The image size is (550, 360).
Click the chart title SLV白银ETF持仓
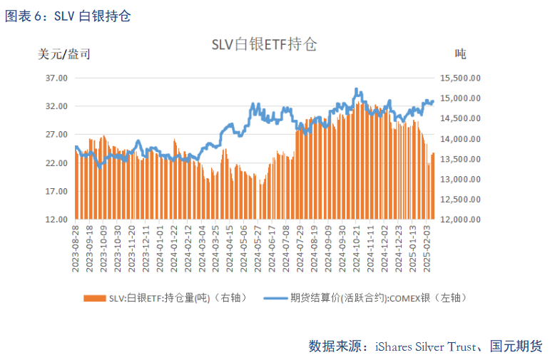pyautogui.click(x=264, y=44)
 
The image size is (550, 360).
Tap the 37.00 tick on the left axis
pyautogui.click(x=56, y=78)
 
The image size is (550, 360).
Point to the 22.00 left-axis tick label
pyautogui.click(x=56, y=163)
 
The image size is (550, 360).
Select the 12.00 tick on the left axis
pyautogui.click(x=56, y=220)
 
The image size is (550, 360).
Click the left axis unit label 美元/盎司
pyautogui.click(x=63, y=53)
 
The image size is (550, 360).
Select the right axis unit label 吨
pyautogui.click(x=460, y=53)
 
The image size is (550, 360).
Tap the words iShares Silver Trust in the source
pyautogui.click(x=421, y=346)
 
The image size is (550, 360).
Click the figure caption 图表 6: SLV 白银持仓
pyautogui.click(x=68, y=16)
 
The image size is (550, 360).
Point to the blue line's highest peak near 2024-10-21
pyautogui.click(x=357, y=90)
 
